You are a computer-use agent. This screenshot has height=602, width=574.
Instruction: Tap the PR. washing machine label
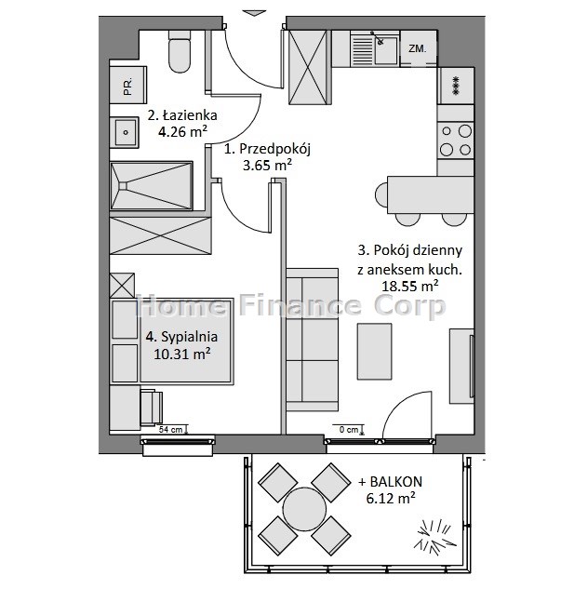pyautogui.click(x=127, y=86)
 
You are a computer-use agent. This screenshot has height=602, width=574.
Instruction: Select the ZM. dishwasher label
pyautogui.click(x=417, y=48)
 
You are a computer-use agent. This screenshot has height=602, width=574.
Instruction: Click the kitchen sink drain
pyautogui.click(x=380, y=42)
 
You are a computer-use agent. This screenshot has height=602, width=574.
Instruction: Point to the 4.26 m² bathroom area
pyautogui.click(x=182, y=132)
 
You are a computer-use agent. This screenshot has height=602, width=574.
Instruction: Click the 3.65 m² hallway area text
pyautogui.click(x=267, y=165)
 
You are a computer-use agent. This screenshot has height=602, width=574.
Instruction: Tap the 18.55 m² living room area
pyautogui.click(x=410, y=286)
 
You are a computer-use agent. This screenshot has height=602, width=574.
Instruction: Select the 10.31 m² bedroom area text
pyautogui.click(x=182, y=354)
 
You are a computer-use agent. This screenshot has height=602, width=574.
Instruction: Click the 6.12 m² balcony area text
pyautogui.click(x=391, y=499)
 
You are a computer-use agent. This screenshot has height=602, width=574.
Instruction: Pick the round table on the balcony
pyautogui.click(x=304, y=510)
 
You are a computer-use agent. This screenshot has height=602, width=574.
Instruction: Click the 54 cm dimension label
pyautogui.click(x=171, y=430)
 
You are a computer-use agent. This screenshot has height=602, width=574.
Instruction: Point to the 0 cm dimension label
pyautogui.click(x=349, y=430)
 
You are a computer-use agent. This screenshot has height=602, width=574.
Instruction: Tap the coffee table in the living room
pyautogui.click(x=375, y=352)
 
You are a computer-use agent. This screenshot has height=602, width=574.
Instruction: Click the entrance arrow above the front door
pyautogui.click(x=255, y=13)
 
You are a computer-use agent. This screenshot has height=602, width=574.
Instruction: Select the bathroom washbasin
pyautogui.click(x=125, y=133)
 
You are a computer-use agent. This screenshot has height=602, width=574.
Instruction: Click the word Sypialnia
pyautogui.click(x=189, y=337)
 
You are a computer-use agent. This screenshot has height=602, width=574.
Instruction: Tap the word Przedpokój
pyautogui.click(x=274, y=149)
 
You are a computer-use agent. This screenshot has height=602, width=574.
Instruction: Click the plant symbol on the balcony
pyautogui.click(x=435, y=537)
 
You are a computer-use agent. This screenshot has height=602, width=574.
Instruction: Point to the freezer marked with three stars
pyautogui.click(x=456, y=86)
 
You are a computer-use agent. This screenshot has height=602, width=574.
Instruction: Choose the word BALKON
pyautogui.click(x=395, y=481)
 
